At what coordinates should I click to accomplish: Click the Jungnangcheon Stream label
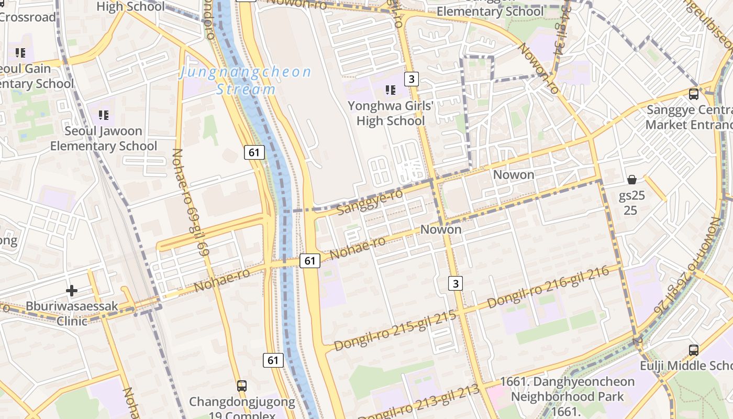click(245, 80)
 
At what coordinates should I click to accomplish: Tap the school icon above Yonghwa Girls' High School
click(390, 90)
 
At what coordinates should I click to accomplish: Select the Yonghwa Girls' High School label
click(391, 113)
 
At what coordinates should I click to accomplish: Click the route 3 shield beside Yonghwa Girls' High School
click(412, 79)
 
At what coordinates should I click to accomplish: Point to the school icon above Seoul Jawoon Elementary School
click(104, 115)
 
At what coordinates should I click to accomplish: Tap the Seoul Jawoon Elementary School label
click(103, 138)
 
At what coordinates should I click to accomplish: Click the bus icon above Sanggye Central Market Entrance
click(694, 94)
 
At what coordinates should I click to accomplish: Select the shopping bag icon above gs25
click(632, 180)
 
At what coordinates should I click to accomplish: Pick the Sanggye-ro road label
click(370, 202)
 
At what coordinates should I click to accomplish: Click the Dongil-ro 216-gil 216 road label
click(548, 286)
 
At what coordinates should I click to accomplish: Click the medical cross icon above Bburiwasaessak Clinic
click(72, 290)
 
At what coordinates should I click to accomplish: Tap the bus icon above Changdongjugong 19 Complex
click(241, 386)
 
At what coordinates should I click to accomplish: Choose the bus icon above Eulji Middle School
click(694, 350)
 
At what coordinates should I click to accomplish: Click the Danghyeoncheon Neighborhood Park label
click(568, 389)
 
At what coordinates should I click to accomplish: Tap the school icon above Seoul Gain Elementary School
click(20, 52)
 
